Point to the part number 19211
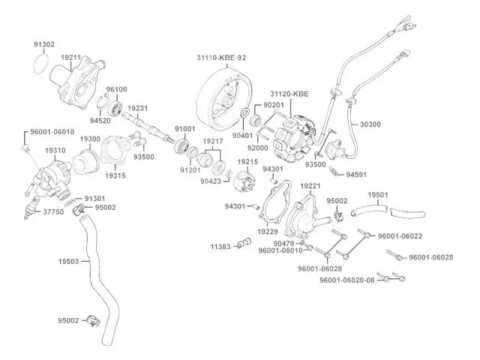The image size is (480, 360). pos(71,57)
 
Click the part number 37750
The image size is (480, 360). pos(52,212)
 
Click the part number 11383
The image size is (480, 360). pos(220,246)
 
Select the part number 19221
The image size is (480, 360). pos(310,185)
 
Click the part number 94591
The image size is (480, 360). pos(357,174)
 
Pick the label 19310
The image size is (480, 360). pos(55,150)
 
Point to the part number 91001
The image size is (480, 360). pos(184,129)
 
